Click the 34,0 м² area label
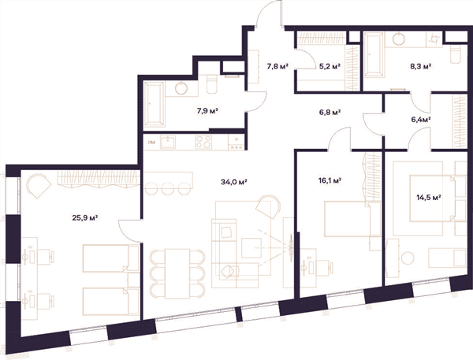[x=234, y=182]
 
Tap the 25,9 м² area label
[x=85, y=217]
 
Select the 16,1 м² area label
[x=330, y=180]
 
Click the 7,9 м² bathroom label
[x=207, y=111]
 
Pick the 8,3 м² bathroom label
[x=420, y=66]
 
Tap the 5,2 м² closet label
[x=330, y=66]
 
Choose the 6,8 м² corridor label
[x=330, y=113]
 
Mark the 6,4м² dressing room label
[x=421, y=120]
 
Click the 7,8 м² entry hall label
[x=277, y=66]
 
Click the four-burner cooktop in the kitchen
[x=203, y=142]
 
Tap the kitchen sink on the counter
[x=168, y=142]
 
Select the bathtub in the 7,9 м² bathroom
[x=155, y=103]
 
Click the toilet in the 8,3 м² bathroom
[x=456, y=54]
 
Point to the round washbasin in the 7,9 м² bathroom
[x=181, y=88]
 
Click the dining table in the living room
[x=177, y=273]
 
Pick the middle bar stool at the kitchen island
[x=168, y=188]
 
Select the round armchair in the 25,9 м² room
[x=39, y=185]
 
